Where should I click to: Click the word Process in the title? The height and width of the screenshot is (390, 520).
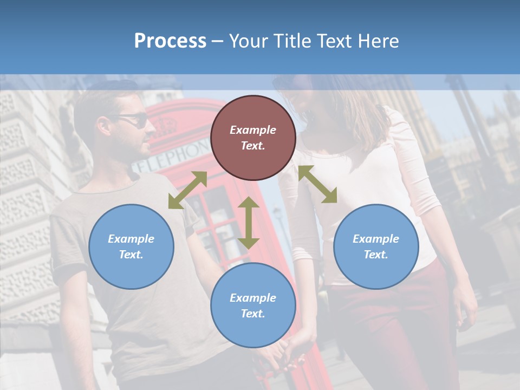(x=170, y=41)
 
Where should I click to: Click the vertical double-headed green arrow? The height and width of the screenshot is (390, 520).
(x=249, y=223)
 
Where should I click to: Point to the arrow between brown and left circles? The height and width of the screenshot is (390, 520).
(x=187, y=190)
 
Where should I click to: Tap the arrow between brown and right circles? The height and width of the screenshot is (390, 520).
(x=317, y=184)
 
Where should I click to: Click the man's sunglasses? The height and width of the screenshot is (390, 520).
(x=135, y=120)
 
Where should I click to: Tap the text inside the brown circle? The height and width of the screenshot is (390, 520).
(x=253, y=138)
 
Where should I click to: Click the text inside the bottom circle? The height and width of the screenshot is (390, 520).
(x=253, y=305)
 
